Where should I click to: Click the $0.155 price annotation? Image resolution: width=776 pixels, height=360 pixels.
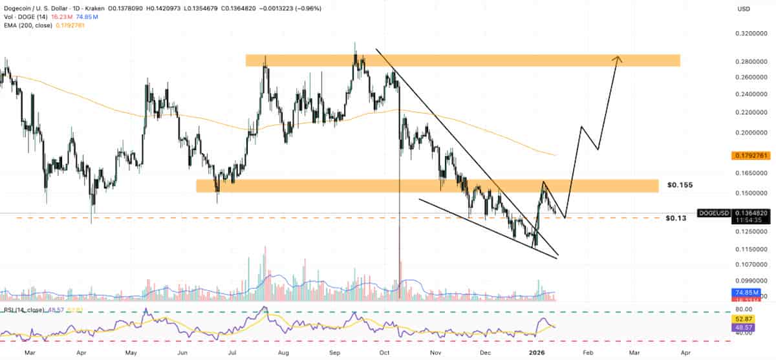[x=680, y=185]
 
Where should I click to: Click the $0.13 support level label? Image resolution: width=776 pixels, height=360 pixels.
[x=676, y=218]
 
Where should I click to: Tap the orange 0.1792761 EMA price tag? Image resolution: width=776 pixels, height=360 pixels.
[x=751, y=156]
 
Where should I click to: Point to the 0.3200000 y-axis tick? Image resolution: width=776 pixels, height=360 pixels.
[x=751, y=33]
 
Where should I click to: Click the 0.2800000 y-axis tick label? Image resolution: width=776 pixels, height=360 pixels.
[x=751, y=61]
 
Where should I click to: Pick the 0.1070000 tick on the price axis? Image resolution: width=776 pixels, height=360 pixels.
[x=751, y=264]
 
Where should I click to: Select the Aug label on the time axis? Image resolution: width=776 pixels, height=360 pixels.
[x=283, y=354]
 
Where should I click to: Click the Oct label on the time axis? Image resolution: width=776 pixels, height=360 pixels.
[x=385, y=354]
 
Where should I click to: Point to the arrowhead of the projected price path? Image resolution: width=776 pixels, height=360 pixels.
[x=618, y=59]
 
